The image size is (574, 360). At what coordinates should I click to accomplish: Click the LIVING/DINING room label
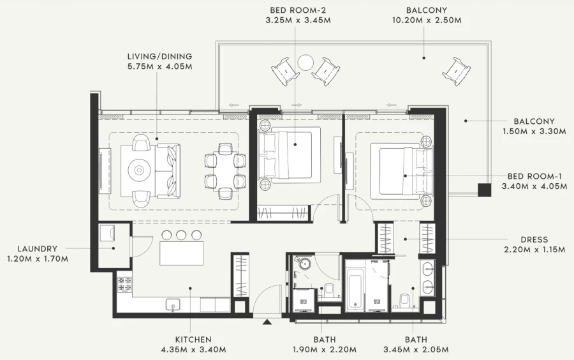(x=159, y=56)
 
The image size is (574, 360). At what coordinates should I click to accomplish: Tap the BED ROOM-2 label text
(x=298, y=10)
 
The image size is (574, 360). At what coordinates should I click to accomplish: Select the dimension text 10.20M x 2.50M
(x=426, y=20)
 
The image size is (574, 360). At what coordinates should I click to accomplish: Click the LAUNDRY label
(x=38, y=248)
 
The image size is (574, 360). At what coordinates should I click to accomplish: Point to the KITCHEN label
(x=193, y=340)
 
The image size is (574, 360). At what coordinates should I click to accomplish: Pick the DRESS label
(x=534, y=239)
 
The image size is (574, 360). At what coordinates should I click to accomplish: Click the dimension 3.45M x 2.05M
(x=416, y=350)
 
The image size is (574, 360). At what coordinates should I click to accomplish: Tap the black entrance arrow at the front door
(x=266, y=322)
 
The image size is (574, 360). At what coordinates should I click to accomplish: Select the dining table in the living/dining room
(x=224, y=169)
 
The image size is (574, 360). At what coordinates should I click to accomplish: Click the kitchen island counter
(x=181, y=253)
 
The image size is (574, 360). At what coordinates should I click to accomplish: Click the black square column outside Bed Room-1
(x=485, y=190)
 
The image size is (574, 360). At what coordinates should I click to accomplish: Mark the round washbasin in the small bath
(x=303, y=264)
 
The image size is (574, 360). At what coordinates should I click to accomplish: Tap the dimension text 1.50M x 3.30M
(x=534, y=131)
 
